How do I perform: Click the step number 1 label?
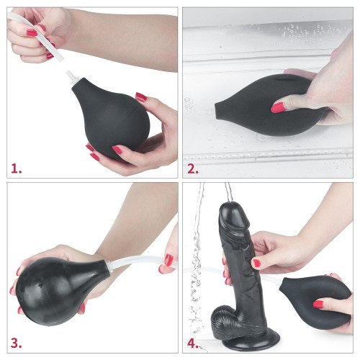point(16,168)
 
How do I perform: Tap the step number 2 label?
point(193,168)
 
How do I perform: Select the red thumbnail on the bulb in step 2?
point(278,107)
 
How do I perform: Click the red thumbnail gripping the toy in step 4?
point(256,264)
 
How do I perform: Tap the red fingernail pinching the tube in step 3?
point(168,259)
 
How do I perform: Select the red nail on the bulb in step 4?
point(318,305)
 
